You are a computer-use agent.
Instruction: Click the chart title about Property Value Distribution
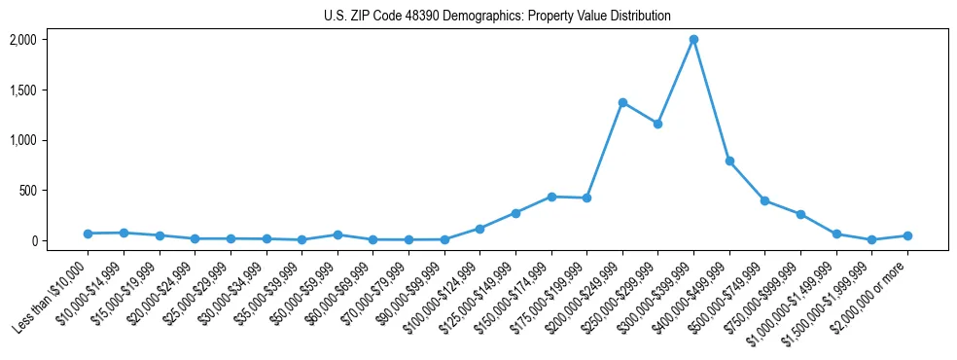497,17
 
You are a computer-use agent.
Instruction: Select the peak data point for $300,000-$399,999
693,40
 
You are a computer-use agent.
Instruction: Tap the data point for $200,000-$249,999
622,102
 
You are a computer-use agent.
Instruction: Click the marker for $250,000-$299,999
657,124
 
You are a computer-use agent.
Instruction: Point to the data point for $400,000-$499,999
729,161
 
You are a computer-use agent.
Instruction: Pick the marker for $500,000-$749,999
764,200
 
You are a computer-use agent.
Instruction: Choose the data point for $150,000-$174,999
551,197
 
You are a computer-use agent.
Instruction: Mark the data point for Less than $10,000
88,234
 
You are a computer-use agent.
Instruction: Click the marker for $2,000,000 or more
907,235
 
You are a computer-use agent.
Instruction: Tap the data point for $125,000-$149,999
515,213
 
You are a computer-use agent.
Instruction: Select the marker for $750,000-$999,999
800,214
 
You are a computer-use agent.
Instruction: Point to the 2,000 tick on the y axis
22,40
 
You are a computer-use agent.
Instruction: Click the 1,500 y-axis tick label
22,90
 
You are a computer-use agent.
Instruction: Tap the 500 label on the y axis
27,191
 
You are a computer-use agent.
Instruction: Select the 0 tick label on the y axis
33,240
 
